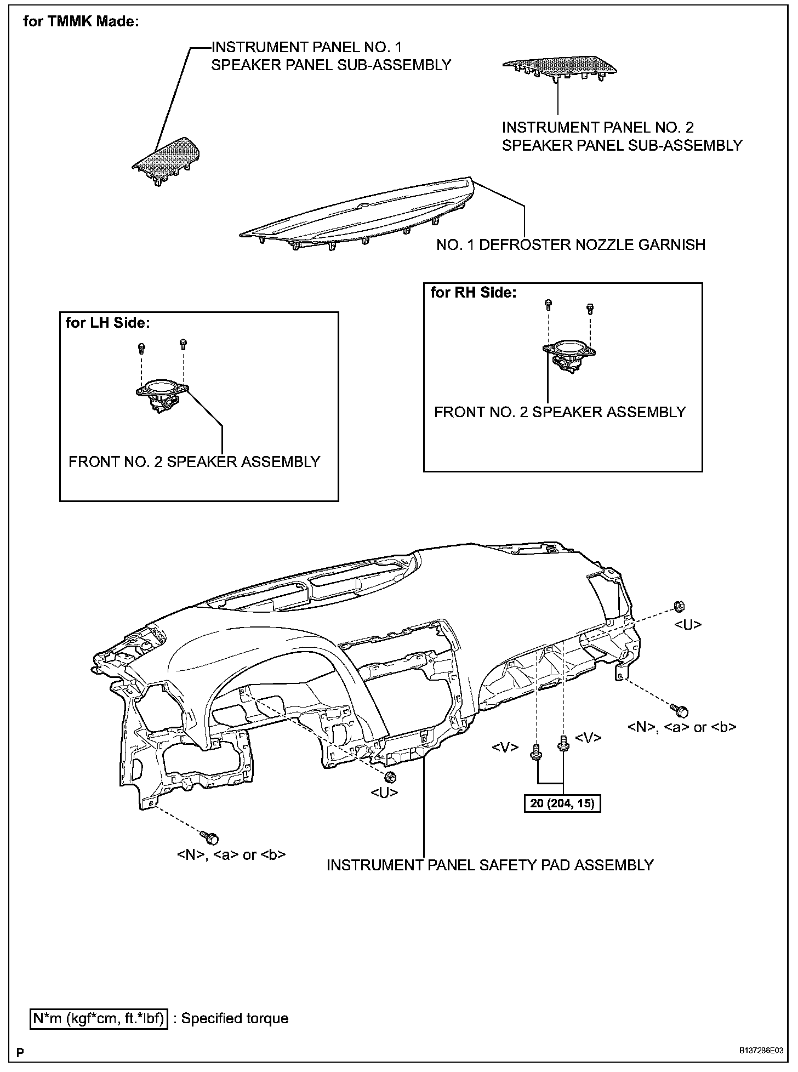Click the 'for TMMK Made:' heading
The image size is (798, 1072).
[x=81, y=22]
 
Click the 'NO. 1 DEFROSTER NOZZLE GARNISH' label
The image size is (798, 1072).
[x=571, y=244]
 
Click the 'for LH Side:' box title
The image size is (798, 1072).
[x=107, y=323]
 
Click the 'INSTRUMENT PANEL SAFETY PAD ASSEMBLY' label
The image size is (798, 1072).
[x=490, y=865]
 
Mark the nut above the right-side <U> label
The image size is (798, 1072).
[x=679, y=606]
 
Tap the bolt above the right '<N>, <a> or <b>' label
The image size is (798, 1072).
[x=681, y=710]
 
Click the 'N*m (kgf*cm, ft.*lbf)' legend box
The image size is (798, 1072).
[x=99, y=1018]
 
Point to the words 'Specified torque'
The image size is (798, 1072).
[x=235, y=1018]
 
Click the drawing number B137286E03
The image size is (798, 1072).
[x=760, y=1052]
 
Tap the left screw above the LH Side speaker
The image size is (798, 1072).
[x=142, y=347]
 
